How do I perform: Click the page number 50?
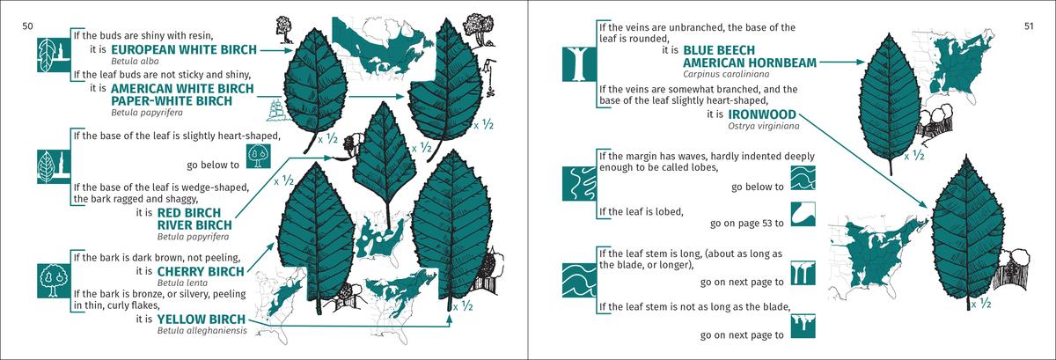point(28,26)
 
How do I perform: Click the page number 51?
point(1029,26)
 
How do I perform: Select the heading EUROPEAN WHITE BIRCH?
point(184,49)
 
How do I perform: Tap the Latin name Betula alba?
point(135,62)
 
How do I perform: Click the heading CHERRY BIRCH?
point(201,272)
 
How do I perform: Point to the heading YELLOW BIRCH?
point(202,319)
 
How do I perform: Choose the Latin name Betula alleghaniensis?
point(202,331)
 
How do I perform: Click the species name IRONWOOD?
point(762,114)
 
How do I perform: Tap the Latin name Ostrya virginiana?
point(764,126)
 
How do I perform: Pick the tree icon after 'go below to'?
point(259,157)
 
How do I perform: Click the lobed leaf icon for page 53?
point(803,214)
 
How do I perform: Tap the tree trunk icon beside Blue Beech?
point(579,63)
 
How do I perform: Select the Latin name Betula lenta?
point(182,283)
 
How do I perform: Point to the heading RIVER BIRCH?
point(194,225)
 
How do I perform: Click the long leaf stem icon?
point(803,273)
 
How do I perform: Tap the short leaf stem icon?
point(803,326)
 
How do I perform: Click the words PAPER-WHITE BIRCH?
point(172,101)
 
